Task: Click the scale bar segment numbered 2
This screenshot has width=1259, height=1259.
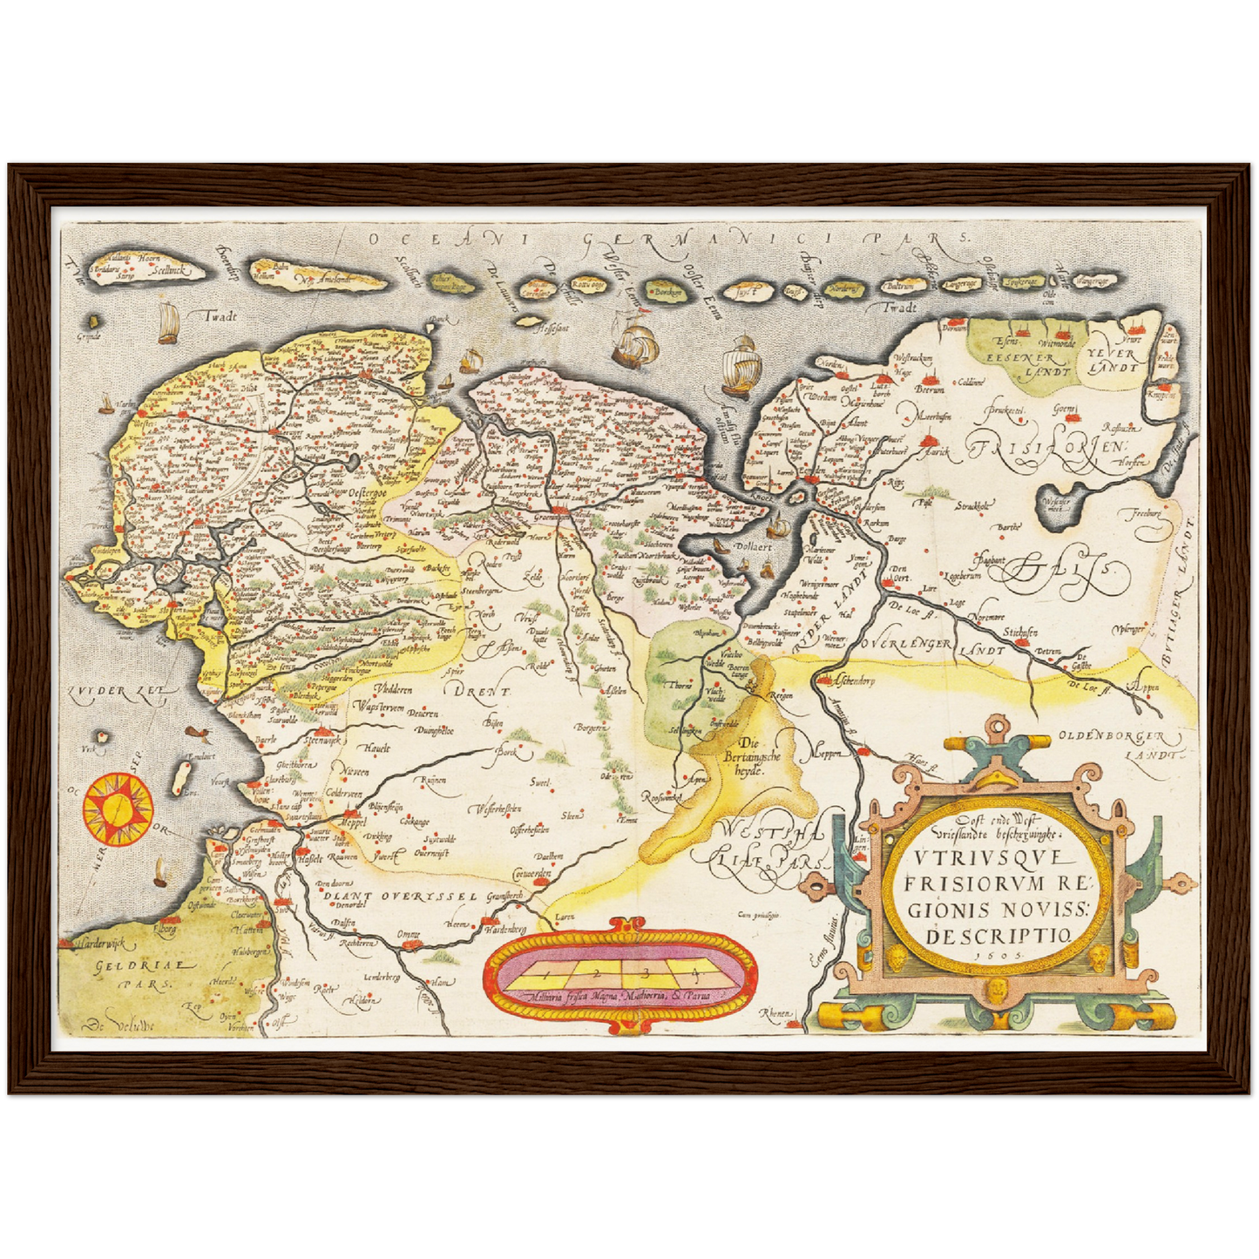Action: (x=596, y=969)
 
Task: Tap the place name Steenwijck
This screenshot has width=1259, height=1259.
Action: (x=320, y=740)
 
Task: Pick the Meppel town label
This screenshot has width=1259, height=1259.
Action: (x=354, y=822)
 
